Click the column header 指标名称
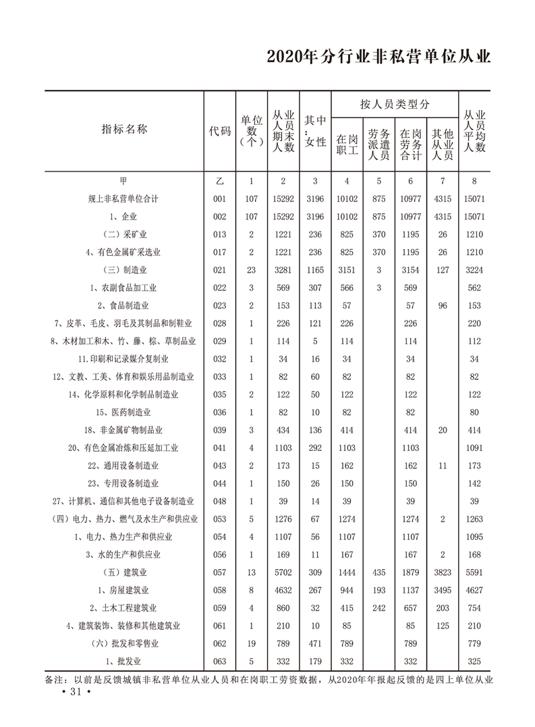click(124, 130)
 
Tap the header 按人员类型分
click(395, 104)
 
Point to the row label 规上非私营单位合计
click(123, 199)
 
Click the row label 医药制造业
click(123, 412)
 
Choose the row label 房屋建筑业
click(123, 591)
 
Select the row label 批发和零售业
click(123, 644)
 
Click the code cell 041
click(219, 448)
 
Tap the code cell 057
click(219, 572)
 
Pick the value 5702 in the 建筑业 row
click(283, 572)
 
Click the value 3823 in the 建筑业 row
click(442, 572)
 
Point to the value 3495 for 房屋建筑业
click(442, 591)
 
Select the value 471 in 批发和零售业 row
click(315, 644)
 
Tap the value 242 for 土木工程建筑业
click(378, 608)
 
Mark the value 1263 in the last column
click(474, 519)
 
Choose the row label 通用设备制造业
click(123, 466)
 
